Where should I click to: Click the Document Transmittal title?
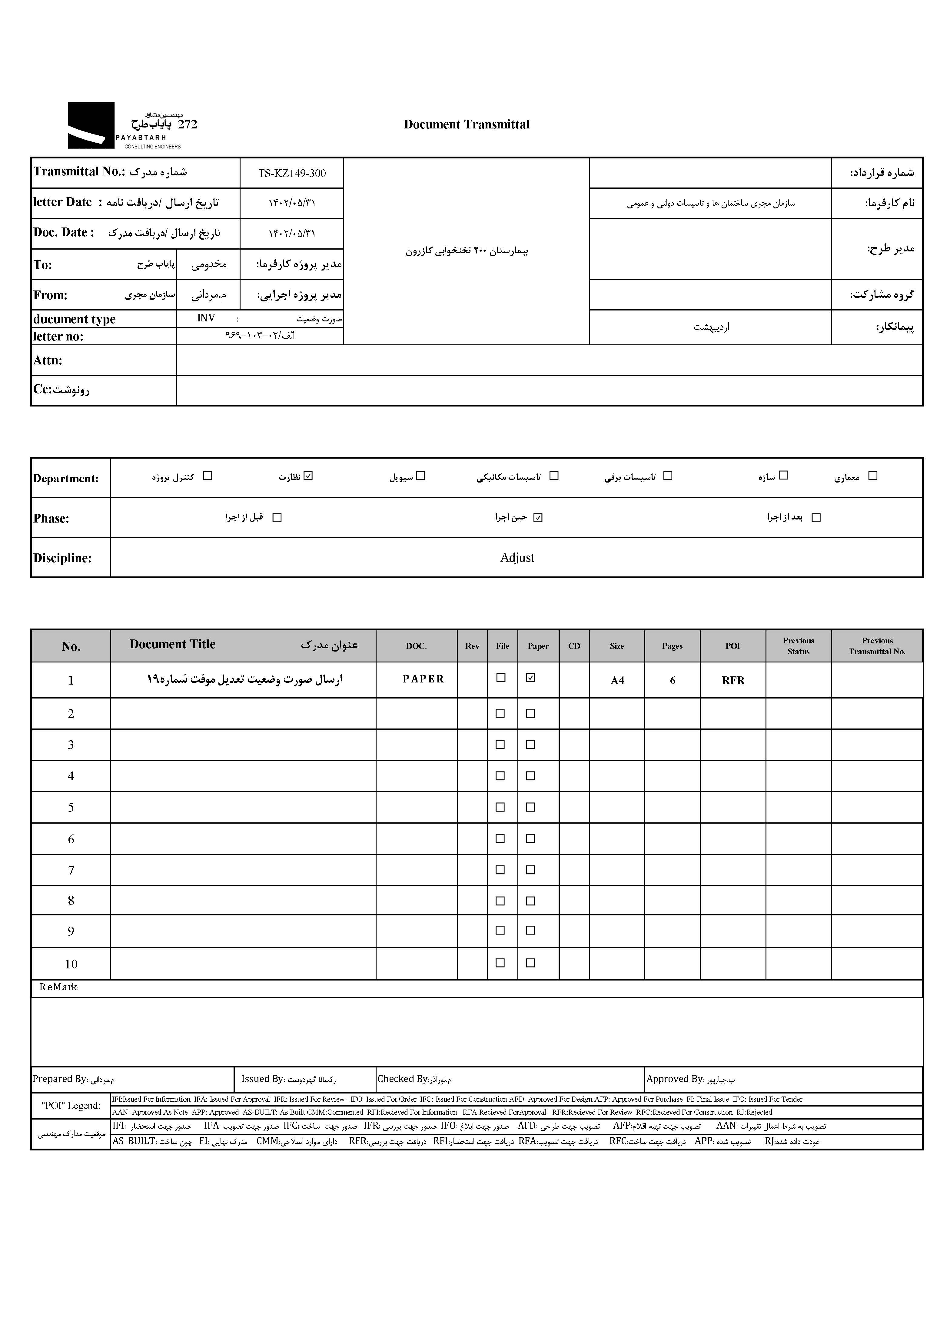tap(467, 124)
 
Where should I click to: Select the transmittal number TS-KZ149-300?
tap(291, 173)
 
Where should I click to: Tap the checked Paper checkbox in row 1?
tap(530, 677)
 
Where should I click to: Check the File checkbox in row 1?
tap(500, 677)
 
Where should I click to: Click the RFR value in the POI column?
tap(733, 680)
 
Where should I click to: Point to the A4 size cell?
tap(617, 680)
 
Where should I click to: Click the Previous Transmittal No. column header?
tap(877, 646)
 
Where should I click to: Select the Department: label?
tap(65, 478)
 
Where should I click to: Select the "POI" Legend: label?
tap(71, 1106)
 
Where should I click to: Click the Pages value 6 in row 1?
tap(673, 680)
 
